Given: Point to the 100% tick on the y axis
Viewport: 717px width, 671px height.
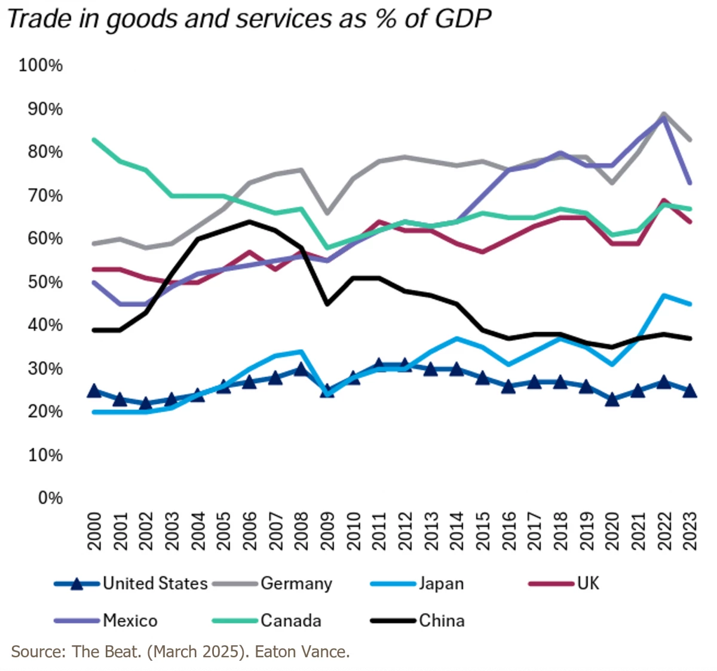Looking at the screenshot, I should click(40, 65).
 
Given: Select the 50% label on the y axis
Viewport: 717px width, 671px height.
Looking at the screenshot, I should click(44, 282).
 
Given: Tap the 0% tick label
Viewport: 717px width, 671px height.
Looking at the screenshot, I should click(50, 498).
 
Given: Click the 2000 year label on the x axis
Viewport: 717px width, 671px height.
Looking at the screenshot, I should click(94, 530).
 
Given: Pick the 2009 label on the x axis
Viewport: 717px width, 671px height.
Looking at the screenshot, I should click(327, 530).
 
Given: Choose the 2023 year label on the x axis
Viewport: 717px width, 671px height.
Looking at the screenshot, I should click(690, 530).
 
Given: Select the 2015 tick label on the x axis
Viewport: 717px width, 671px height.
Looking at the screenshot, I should click(483, 530).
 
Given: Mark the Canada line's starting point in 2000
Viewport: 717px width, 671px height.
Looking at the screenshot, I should click(94, 139).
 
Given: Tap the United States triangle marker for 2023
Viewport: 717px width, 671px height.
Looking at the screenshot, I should click(690, 391).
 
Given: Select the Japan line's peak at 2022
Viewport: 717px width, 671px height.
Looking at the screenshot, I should click(664, 295).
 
